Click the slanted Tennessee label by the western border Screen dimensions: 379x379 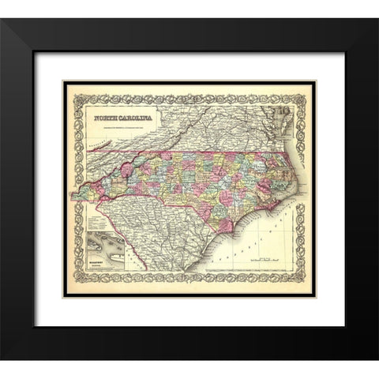click(103, 146)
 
